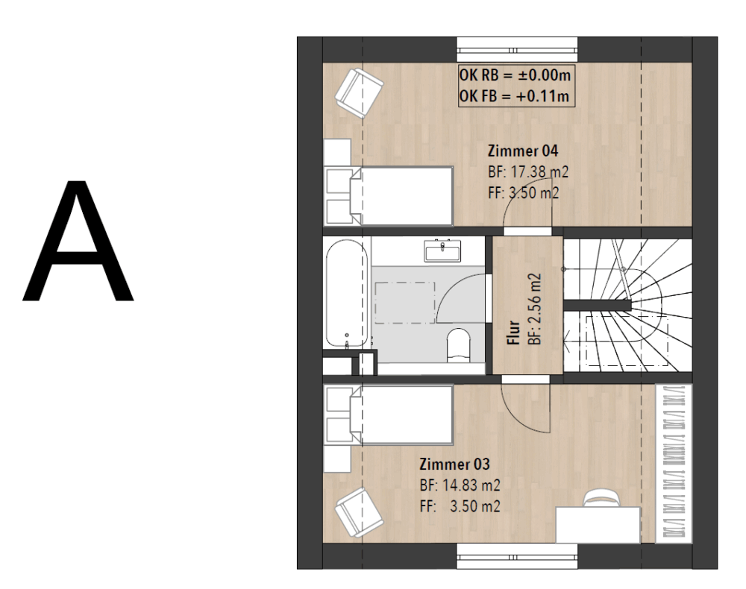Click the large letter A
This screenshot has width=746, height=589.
pyautogui.click(x=78, y=241)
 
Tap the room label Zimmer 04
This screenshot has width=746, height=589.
pyautogui.click(x=523, y=151)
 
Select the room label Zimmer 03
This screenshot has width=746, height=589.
pyautogui.click(x=454, y=464)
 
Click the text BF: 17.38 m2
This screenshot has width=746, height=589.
pyautogui.click(x=528, y=171)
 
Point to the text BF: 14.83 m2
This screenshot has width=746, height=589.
pyautogui.click(x=460, y=485)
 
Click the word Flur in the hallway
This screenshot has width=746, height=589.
pyautogui.click(x=514, y=333)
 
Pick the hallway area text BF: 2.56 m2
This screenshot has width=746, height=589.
pyautogui.click(x=535, y=309)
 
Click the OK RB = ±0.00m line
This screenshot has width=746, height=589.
pyautogui.click(x=515, y=75)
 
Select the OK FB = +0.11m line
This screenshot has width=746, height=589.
pyautogui.click(x=514, y=96)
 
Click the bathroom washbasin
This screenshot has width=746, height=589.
pyautogui.click(x=443, y=251)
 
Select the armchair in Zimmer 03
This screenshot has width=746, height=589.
pyautogui.click(x=360, y=513)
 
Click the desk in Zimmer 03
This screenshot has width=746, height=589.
pyautogui.click(x=598, y=525)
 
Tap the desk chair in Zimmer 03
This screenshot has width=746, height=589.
pyautogui.click(x=602, y=498)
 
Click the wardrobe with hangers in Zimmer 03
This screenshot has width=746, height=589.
pyautogui.click(x=673, y=462)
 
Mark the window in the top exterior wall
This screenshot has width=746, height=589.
pyautogui.click(x=518, y=49)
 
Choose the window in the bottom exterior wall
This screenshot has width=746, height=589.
pyautogui.click(x=518, y=556)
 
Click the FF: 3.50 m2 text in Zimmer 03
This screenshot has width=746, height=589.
pyautogui.click(x=460, y=506)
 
